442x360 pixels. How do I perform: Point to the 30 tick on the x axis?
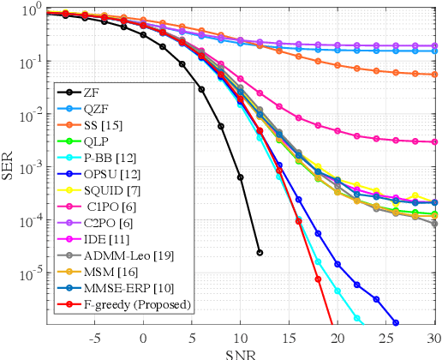click(434, 336)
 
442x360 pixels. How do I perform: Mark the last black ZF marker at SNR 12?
click(260, 252)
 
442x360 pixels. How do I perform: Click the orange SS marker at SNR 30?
click(434, 75)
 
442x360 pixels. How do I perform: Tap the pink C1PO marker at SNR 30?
click(434, 142)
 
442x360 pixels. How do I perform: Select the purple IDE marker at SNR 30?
click(434, 45)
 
